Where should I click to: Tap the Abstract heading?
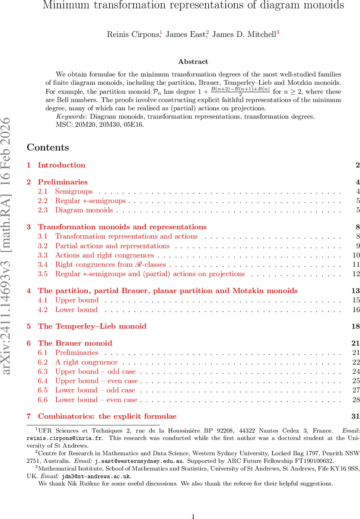coord(193,62)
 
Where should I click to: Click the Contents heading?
coord(48,147)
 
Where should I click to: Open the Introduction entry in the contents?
coord(61,165)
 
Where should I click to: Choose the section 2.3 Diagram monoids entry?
coord(84,210)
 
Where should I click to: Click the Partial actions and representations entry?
coord(112,246)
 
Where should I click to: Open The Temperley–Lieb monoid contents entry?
coord(92,326)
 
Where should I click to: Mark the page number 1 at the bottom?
coord(193,504)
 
